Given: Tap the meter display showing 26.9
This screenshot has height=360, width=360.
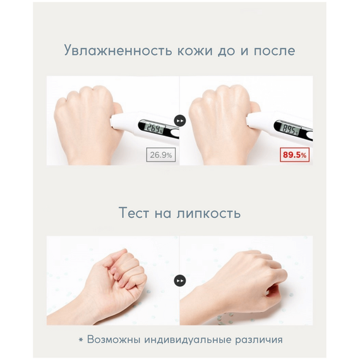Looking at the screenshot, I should [155, 128].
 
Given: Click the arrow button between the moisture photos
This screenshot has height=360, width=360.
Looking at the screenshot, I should [180, 120].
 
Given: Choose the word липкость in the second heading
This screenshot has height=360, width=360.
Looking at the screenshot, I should [208, 213].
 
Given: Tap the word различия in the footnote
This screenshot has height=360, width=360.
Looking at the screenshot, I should [259, 340].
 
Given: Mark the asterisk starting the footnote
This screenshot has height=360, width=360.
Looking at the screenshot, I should [80, 340].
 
